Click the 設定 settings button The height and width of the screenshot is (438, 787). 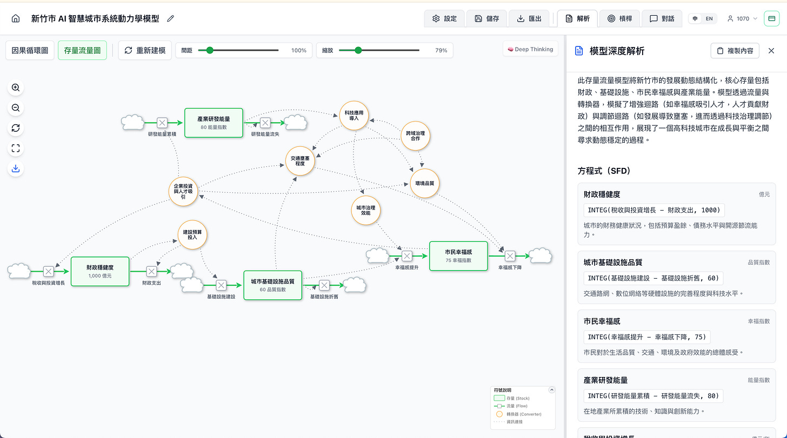[444, 18]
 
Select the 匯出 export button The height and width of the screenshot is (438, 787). [529, 18]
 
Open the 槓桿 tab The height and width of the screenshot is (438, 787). [619, 18]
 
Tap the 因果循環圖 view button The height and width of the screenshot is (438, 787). [30, 50]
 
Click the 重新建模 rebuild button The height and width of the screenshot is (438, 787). [145, 50]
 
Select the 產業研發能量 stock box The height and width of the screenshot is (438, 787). [214, 123]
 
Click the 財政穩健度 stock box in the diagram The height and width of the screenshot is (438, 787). [100, 271]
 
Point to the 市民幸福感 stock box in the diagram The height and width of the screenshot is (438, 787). [458, 256]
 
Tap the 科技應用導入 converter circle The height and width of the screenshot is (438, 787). [354, 116]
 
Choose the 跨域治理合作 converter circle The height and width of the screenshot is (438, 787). [415, 136]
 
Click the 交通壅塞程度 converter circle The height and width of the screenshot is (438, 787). [299, 160]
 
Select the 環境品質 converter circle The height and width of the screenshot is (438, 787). [425, 184]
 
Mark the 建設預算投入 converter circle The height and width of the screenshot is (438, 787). [193, 234]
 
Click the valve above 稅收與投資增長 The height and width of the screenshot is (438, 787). [48, 271]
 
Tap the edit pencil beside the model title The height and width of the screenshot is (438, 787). [171, 18]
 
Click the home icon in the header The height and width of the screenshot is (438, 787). [16, 18]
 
